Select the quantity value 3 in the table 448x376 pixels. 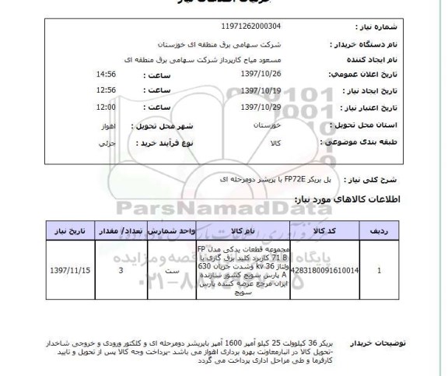click(x=119, y=272)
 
